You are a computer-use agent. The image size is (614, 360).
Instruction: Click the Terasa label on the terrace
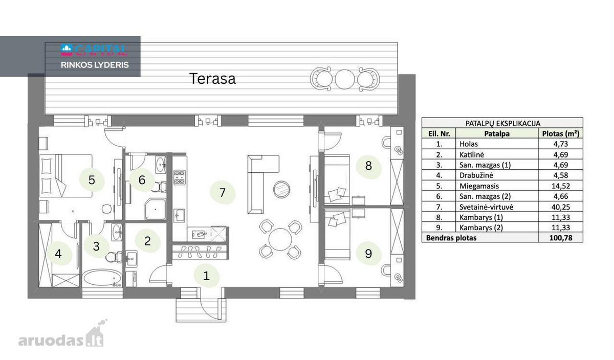point(212,79)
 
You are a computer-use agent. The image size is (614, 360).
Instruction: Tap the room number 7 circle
point(222,193)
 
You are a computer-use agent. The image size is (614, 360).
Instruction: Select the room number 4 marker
point(58,254)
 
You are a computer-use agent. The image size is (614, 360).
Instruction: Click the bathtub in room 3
point(102,278)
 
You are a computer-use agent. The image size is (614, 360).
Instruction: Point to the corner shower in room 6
point(155,209)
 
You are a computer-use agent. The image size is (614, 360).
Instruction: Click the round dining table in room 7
point(280,239)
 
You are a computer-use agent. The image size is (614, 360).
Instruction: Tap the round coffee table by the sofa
point(281,189)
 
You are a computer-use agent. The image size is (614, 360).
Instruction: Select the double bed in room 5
point(65,176)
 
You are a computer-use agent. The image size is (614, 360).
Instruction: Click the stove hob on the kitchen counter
point(180,177)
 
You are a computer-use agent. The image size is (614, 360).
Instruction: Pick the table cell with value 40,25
point(560,207)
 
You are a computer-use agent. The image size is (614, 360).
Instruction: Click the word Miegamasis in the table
point(479,186)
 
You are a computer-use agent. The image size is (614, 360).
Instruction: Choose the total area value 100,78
point(561,238)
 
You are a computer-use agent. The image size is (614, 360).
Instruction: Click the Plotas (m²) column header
point(561,133)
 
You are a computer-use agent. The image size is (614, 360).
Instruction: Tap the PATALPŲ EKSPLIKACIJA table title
point(502,124)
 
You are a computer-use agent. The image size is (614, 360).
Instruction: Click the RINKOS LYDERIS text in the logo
point(95,65)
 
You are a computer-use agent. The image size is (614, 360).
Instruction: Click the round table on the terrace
point(344,79)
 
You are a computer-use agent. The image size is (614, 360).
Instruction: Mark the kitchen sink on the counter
point(179,216)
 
